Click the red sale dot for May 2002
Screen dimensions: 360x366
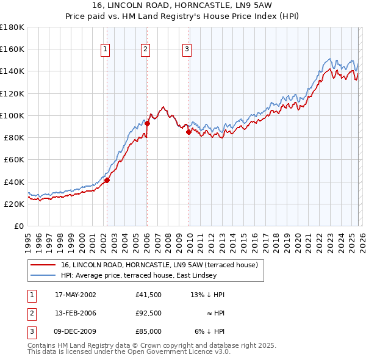pyautogui.click(x=107, y=180)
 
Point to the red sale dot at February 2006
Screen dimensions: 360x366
pyautogui.click(x=147, y=123)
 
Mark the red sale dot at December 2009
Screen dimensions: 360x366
pyautogui.click(x=188, y=132)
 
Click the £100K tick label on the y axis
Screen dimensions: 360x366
pyautogui.click(x=12, y=115)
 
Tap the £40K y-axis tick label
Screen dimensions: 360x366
pyautogui.click(x=14, y=182)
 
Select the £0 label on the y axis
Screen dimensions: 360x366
pyautogui.click(x=19, y=226)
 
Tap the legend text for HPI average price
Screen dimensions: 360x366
pyautogui.click(x=138, y=276)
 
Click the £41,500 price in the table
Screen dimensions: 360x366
pyautogui.click(x=149, y=295)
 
